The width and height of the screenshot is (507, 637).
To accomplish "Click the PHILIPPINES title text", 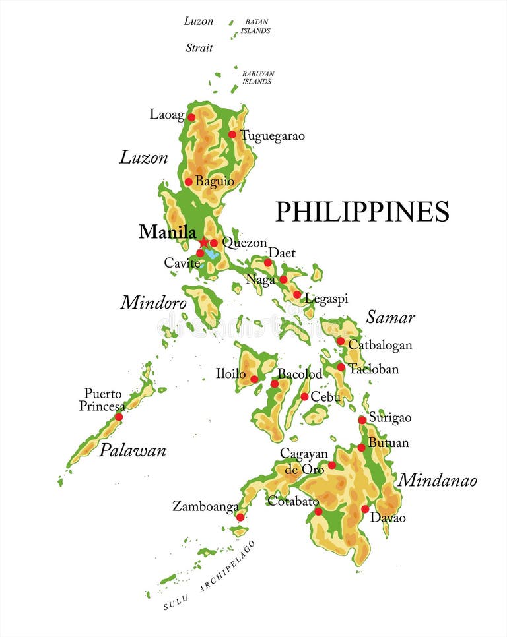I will point(362,212).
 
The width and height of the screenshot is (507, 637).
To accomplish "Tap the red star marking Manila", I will point(204,243).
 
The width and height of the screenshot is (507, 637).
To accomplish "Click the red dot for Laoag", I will point(191,117).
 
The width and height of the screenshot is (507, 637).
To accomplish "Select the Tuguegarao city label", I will point(272,136).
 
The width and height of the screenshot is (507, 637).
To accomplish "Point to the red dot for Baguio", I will point(188,182).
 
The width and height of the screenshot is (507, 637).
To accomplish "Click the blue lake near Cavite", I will point(211,254).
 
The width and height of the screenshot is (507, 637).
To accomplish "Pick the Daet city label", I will point(282,253).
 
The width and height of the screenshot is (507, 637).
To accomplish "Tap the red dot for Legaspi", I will point(297,295).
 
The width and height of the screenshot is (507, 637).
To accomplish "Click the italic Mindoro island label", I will point(153,303).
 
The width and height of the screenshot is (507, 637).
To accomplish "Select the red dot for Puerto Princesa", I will point(119,417).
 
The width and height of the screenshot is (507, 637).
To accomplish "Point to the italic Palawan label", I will point(132,451).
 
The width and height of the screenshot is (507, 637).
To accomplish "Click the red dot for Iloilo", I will point(254,379).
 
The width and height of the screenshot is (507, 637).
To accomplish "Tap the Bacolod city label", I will point(300,374).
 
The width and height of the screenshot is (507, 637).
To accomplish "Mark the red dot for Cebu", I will point(304,396).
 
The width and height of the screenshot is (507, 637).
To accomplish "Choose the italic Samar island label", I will point(390,317).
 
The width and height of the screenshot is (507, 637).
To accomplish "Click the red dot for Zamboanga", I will point(240,517).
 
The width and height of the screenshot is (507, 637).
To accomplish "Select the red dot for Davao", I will point(365,509).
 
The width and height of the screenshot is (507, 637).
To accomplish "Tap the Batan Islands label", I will point(255,26).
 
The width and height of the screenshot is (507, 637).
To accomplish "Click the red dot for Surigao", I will point(362,420).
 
